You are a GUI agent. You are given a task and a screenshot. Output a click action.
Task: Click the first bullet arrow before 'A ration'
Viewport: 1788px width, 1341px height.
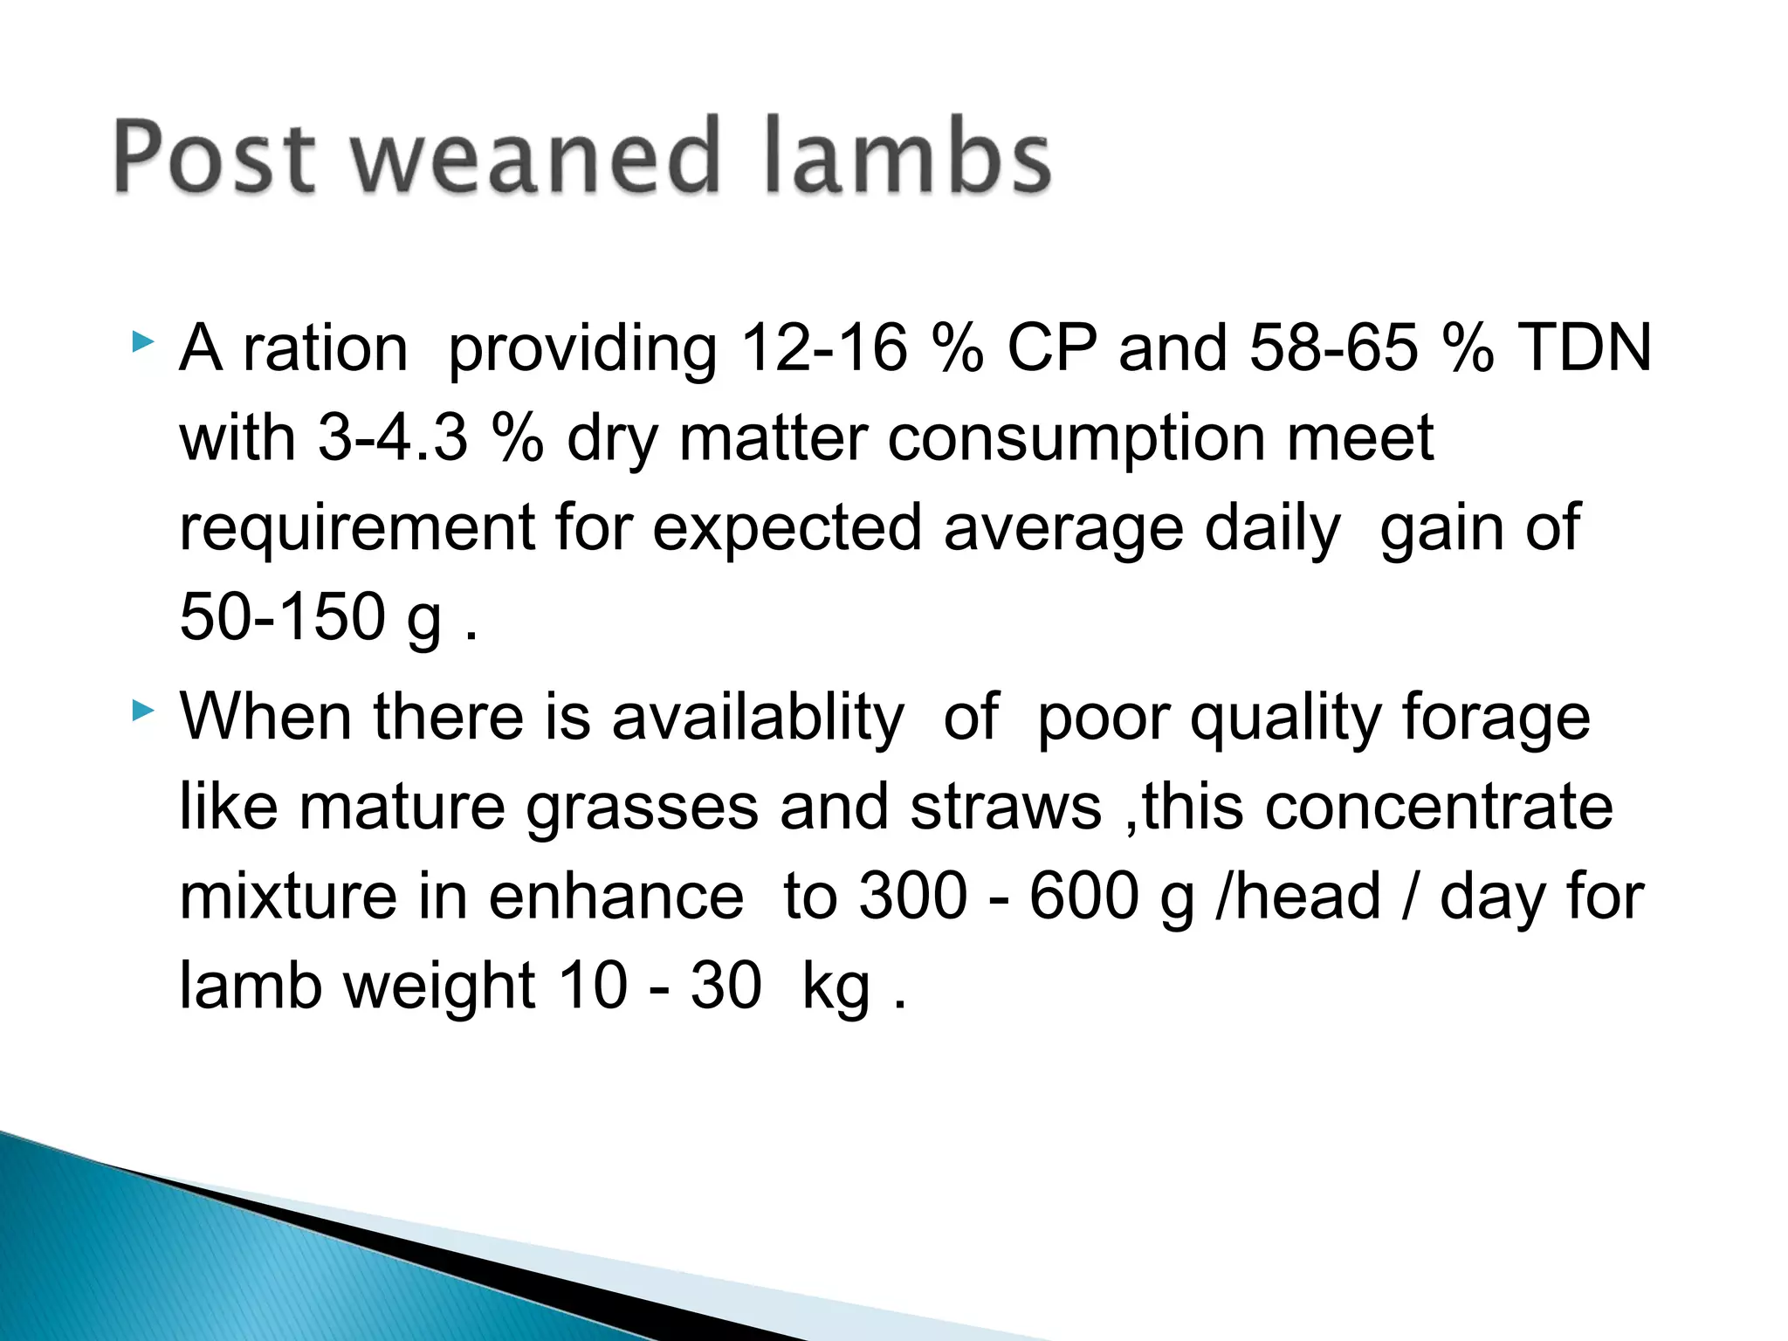tap(142, 342)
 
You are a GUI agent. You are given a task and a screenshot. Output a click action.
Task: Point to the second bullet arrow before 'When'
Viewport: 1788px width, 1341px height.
tap(142, 712)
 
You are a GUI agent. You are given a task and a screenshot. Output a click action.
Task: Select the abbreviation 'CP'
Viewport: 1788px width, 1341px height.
tap(1051, 348)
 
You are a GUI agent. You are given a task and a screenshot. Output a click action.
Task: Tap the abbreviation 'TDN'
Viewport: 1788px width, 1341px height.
tap(1584, 348)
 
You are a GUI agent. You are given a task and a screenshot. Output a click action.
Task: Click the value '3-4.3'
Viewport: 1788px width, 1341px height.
tap(392, 437)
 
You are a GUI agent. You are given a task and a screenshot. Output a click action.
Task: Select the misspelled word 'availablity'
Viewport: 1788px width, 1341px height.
tap(757, 718)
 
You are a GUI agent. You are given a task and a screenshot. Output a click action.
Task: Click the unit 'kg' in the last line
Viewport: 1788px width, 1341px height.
tap(836, 987)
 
